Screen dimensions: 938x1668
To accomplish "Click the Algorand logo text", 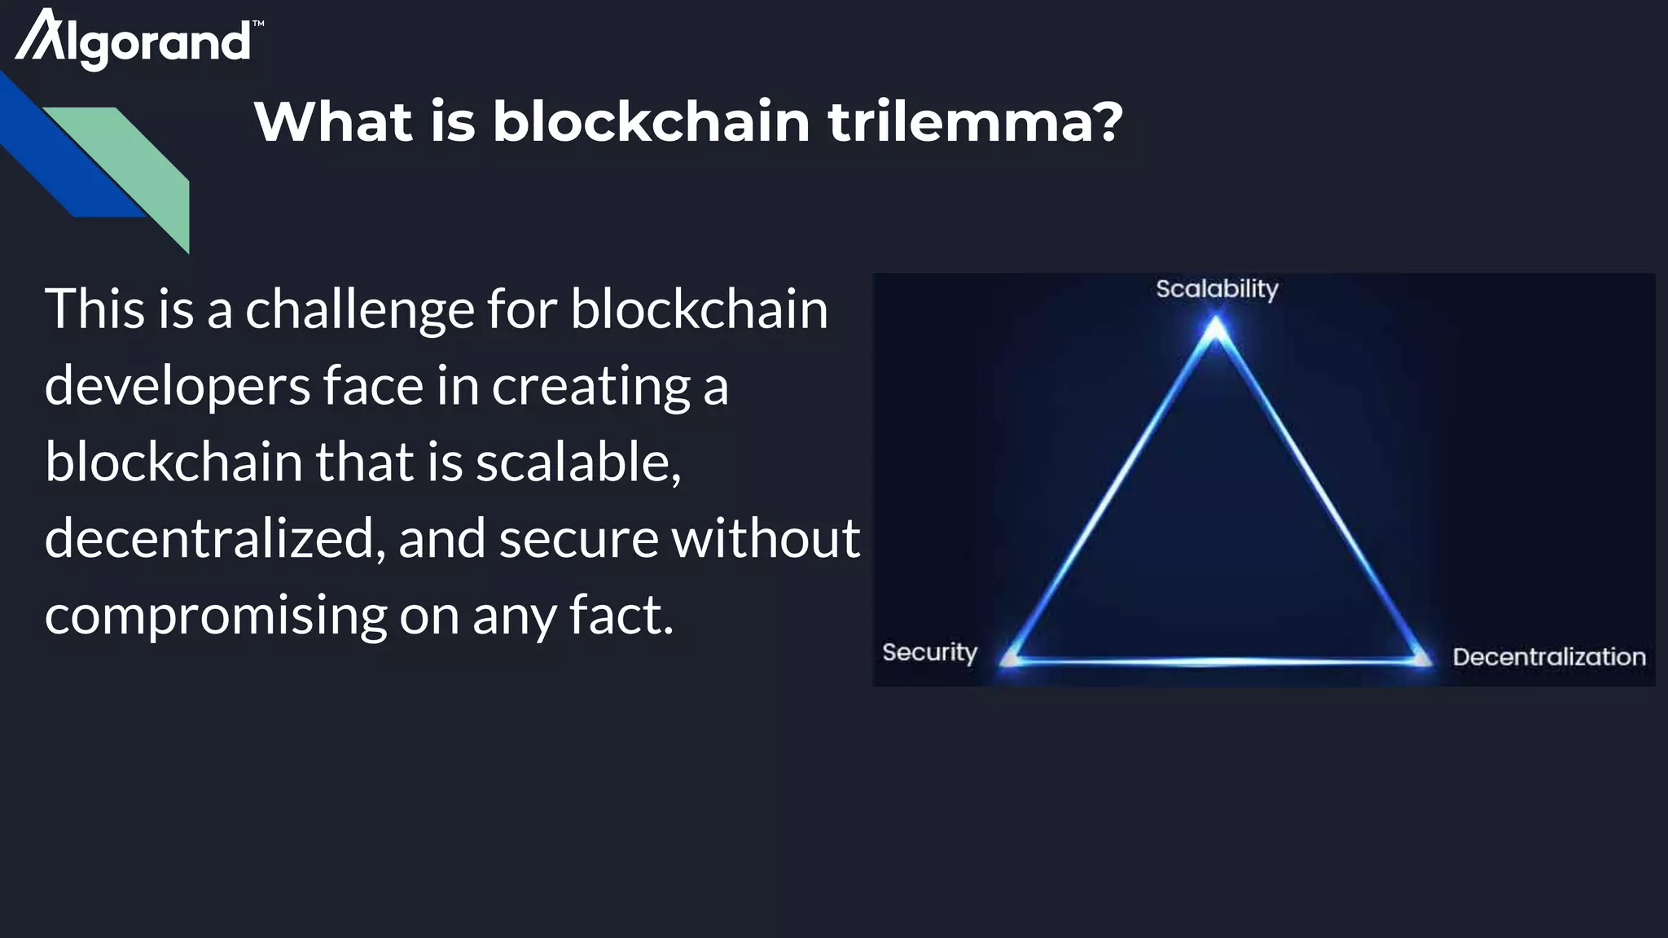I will coord(134,41).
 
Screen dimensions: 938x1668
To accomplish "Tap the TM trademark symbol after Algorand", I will coord(258,24).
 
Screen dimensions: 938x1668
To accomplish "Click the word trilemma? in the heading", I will coord(975,122).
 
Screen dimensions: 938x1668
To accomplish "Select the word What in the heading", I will coord(335,122).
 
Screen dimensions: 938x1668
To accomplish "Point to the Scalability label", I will coord(1217,289).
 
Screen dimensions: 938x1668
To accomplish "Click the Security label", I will coord(929,652).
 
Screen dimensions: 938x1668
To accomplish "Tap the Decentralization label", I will coord(1548,656).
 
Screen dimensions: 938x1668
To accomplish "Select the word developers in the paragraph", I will coord(177,387).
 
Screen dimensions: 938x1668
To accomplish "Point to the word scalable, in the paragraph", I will coord(578,462).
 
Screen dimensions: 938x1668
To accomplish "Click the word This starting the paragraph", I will coord(95,310).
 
